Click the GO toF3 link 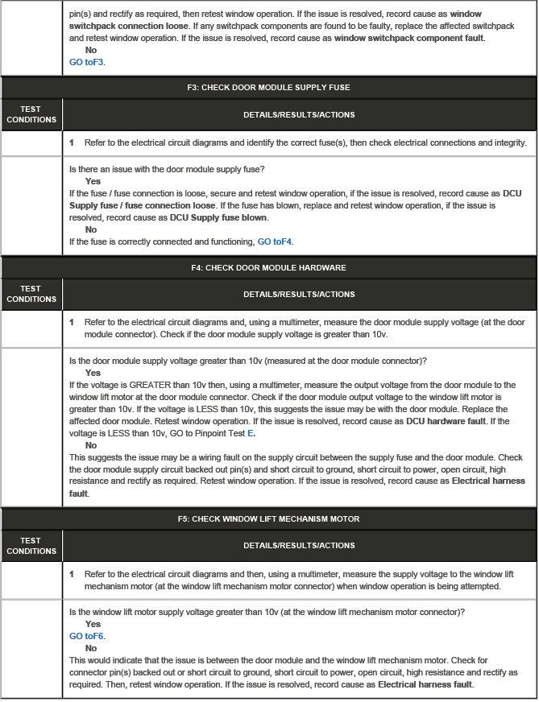click(87, 61)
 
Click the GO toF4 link click(276, 242)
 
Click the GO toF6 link click(87, 635)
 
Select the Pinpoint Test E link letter click(251, 433)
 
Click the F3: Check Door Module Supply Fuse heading click(298, 87)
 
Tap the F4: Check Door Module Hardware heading click(298, 267)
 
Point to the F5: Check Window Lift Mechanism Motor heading click(298, 519)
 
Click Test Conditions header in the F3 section click(31, 114)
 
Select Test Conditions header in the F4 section click(31, 294)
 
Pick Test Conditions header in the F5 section click(31, 546)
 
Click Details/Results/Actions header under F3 click(298, 114)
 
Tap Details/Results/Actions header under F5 click(298, 546)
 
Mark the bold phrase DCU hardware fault click(446, 421)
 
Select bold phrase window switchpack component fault click(408, 38)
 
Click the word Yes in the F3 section click(93, 181)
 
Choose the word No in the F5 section click(90, 648)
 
